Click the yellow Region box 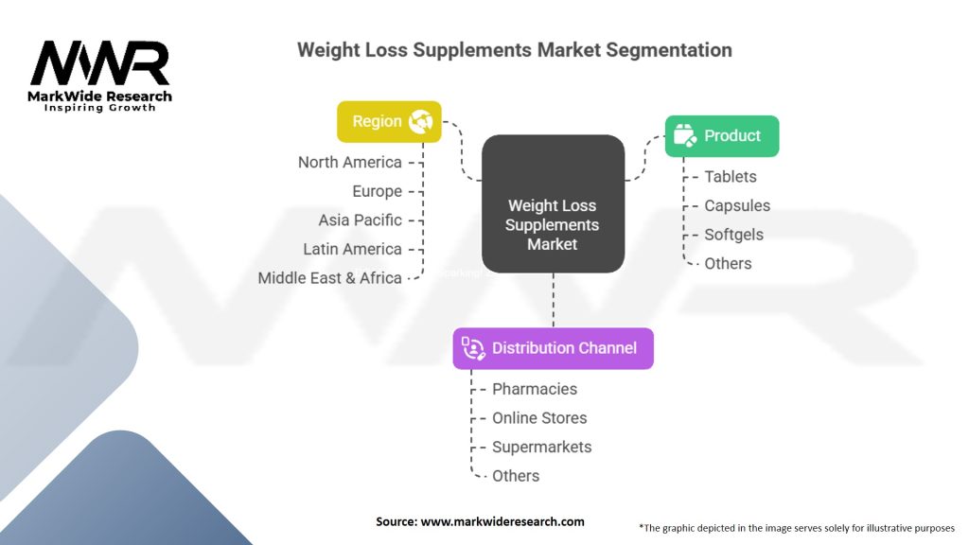pos(389,122)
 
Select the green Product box pos(721,136)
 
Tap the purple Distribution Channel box pos(553,348)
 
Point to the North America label pos(349,162)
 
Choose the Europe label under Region pos(377,191)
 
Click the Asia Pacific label pos(360,220)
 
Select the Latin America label pos(352,249)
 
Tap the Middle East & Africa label pos(329,278)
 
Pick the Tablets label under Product pos(730,177)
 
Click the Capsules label pos(736,205)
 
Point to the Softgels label pos(733,235)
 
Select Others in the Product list pos(728,264)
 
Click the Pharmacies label pos(534,389)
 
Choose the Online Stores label pos(538,418)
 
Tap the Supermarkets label pos(541,447)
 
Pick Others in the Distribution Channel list pos(516,476)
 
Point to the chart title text pos(514,49)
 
